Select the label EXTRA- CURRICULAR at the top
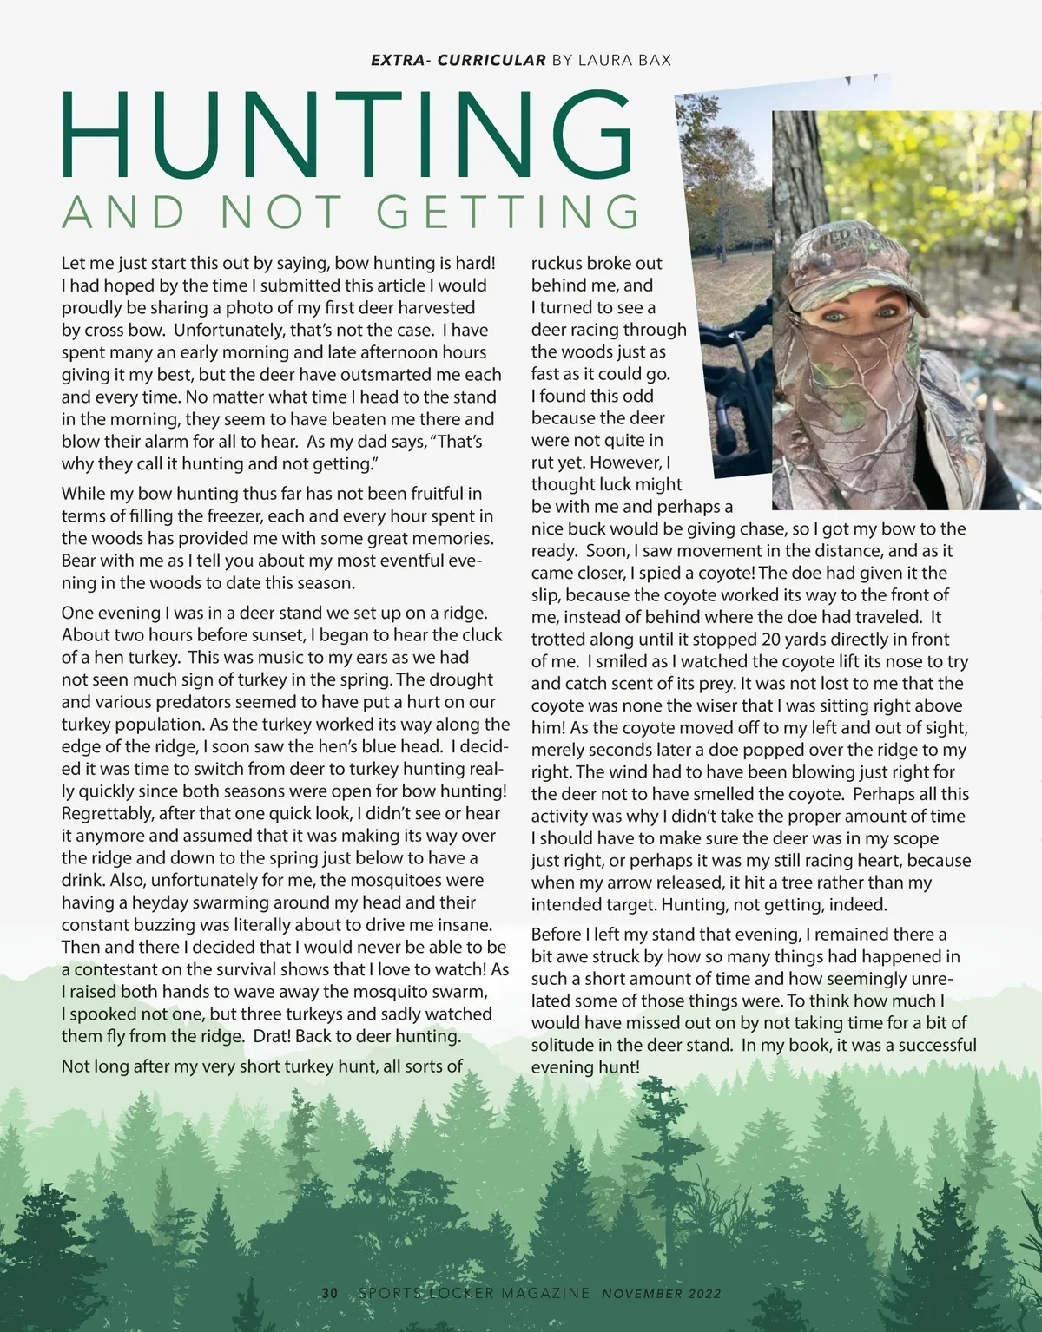point(458,60)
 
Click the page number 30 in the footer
point(330,1293)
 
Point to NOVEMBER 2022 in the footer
point(661,1293)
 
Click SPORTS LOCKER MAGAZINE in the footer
point(474,1293)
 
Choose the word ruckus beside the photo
point(557,263)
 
